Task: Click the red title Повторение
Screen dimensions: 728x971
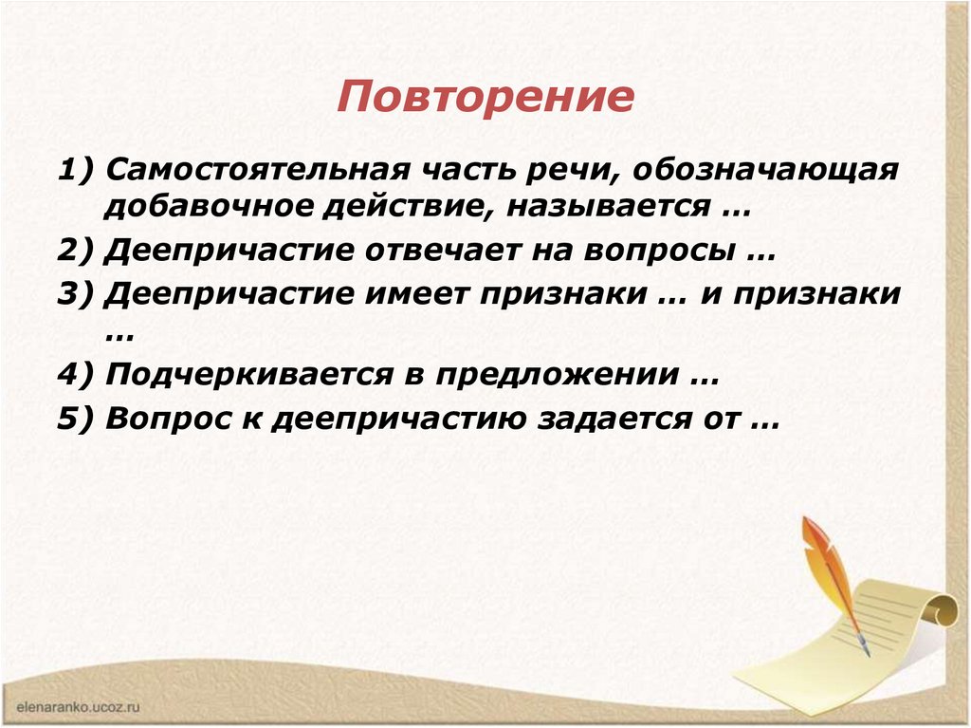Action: [x=485, y=98]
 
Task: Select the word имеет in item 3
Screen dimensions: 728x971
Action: [x=417, y=293]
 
